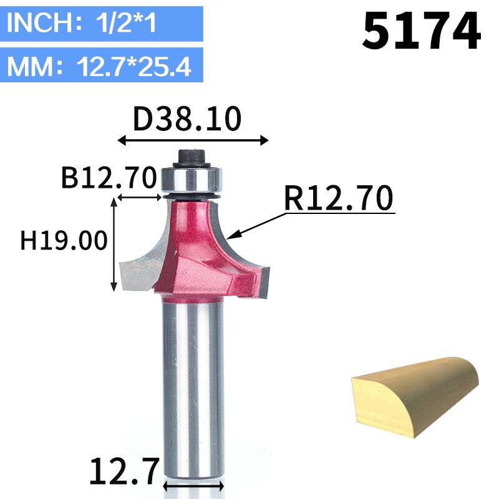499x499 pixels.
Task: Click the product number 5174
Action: coord(422,32)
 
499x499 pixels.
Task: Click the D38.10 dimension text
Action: coord(187,119)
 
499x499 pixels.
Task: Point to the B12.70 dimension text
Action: coord(108,178)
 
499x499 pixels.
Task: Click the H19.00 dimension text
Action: coord(64,240)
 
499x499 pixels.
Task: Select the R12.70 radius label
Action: coord(339,199)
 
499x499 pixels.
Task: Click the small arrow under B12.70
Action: coord(139,198)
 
